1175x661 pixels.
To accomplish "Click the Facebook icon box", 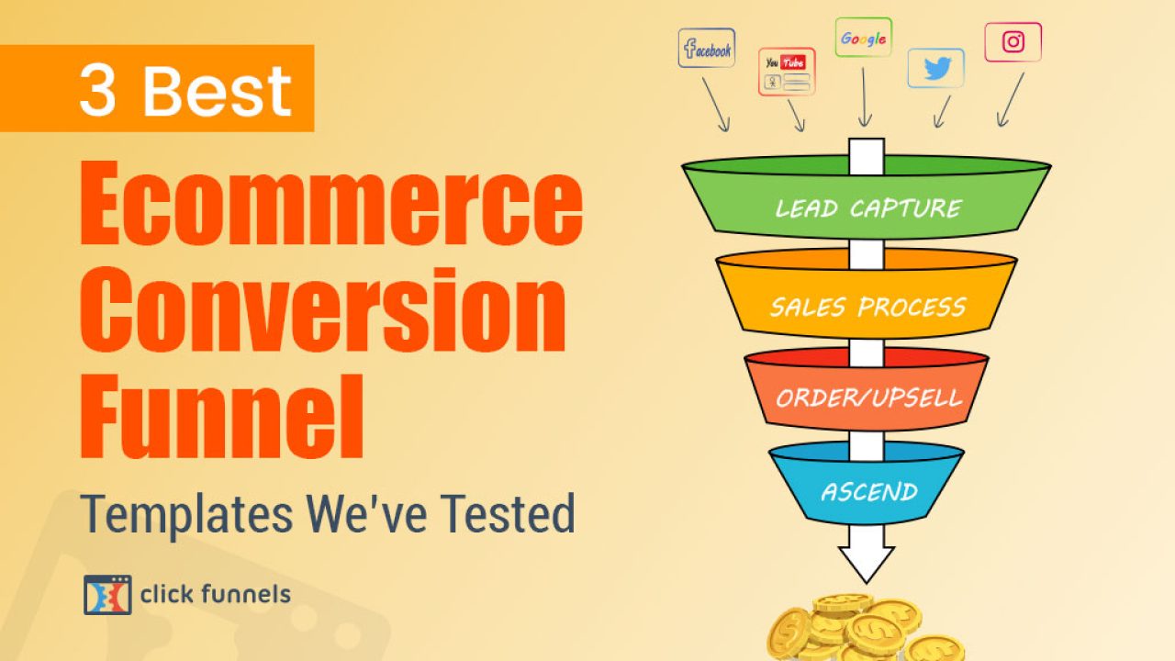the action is pos(707,48).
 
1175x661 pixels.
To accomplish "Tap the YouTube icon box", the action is pos(787,72).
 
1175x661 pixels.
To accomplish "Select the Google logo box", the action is pos(864,38).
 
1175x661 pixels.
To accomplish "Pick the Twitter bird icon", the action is pos(937,68).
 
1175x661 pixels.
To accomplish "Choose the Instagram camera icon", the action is pos(1013,42).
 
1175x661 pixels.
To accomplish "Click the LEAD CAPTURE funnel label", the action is pos(868,208).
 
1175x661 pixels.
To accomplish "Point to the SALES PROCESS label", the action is pos(867,308).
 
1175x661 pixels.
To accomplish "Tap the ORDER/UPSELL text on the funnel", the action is pos(868,398).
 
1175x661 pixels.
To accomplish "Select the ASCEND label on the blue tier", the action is pos(869,492).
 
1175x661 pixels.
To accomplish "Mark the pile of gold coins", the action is pos(866,628).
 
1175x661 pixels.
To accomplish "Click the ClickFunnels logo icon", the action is pos(107,595).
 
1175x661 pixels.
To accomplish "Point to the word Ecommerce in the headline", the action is pos(331,203).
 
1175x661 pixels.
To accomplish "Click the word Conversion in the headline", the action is pos(323,309).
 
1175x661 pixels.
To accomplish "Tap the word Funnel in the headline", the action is pos(222,417).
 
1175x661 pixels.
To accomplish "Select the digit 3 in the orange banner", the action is pos(97,90).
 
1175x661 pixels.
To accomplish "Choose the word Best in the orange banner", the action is pos(218,90).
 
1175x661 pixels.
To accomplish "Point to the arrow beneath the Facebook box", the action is pos(715,105).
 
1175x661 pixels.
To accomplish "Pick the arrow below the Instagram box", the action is pos(1011,100).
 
